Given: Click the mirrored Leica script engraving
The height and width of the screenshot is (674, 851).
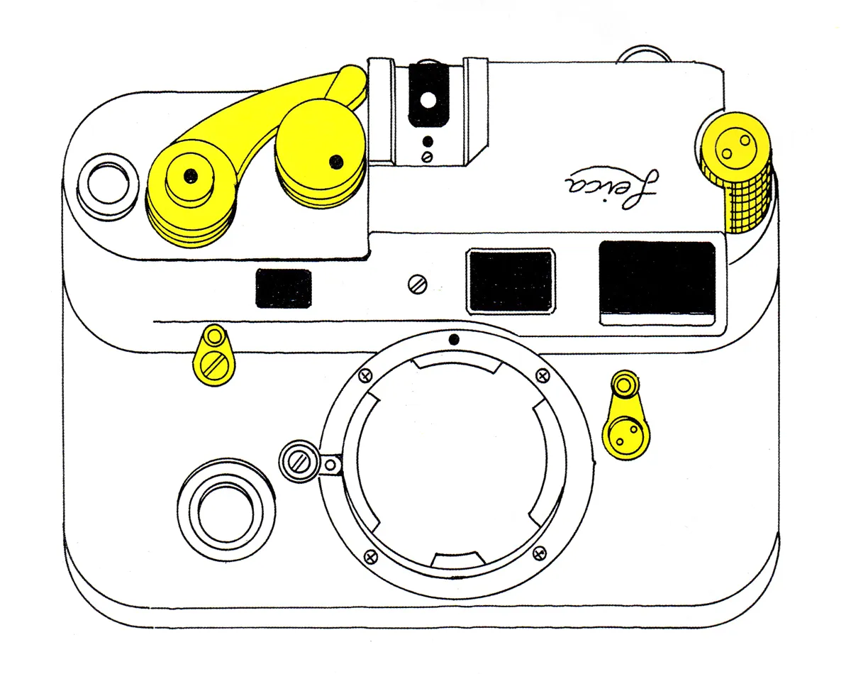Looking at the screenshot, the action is (x=612, y=189).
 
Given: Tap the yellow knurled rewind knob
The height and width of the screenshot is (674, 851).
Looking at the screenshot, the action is (x=735, y=172).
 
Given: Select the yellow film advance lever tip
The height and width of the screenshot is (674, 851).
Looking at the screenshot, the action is (x=350, y=84).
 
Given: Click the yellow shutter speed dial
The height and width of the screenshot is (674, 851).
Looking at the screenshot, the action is (x=321, y=155).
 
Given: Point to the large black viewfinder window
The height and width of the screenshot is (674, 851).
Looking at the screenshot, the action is (x=657, y=282).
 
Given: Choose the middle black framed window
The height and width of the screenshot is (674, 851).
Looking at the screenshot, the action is (x=511, y=282).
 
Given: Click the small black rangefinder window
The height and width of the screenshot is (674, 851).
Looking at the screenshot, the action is (x=284, y=288).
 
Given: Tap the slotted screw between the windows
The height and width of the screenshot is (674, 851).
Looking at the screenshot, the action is (x=418, y=284).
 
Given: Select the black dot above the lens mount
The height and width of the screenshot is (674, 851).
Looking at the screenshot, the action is (x=455, y=339).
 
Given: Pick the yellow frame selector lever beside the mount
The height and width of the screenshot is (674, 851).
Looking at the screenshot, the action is (x=625, y=415).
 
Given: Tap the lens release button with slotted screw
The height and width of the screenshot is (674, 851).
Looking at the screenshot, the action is (x=299, y=461).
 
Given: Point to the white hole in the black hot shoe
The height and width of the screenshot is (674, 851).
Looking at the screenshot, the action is (x=428, y=100).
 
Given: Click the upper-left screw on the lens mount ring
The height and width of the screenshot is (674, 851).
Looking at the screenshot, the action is (x=365, y=375).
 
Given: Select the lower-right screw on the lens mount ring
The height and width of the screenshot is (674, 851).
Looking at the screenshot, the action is (x=540, y=553).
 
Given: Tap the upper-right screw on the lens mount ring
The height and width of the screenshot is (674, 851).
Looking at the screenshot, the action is (x=543, y=375).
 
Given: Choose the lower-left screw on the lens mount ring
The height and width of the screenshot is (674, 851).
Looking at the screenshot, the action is (x=370, y=558).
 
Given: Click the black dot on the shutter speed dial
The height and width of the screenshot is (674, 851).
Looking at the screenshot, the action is (x=336, y=162).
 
